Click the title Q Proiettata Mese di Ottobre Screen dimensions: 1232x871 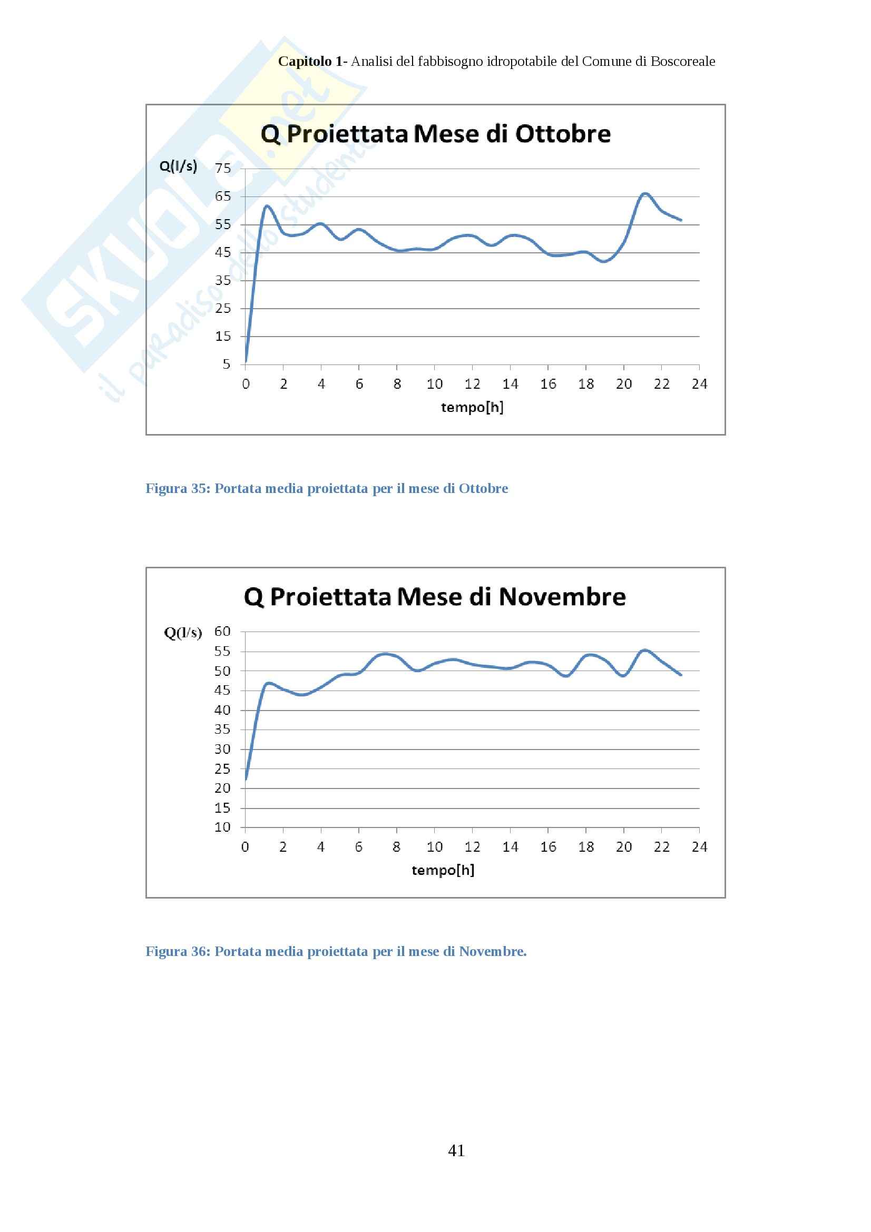coord(435,134)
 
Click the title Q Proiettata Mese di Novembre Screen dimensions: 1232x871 coord(435,597)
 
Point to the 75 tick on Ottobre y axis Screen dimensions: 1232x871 coord(223,169)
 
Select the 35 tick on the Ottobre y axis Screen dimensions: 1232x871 coord(223,280)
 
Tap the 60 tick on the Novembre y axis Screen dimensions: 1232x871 coord(222,632)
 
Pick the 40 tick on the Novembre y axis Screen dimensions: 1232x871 coord(222,710)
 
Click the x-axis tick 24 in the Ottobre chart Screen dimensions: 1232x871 coord(699,384)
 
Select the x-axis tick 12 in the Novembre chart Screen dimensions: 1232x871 coord(472,847)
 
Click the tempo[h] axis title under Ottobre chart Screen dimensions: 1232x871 coord(472,407)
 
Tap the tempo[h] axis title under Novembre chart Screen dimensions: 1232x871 coord(443,870)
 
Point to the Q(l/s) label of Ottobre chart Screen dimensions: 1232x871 coord(178,166)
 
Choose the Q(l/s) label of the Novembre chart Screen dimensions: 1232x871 coord(182,633)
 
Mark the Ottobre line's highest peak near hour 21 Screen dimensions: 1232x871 coord(644,193)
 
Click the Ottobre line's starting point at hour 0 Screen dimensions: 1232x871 coord(246,362)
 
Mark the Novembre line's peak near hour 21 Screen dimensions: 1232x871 coord(644,651)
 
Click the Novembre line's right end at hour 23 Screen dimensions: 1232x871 coord(681,675)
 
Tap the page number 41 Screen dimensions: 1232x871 coord(456,1150)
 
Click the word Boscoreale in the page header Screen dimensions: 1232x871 coord(683,62)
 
